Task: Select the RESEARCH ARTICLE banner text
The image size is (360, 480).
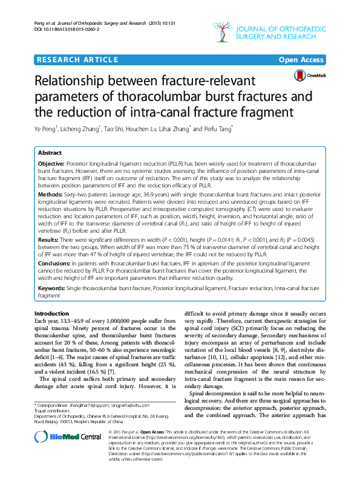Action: coord(77,59)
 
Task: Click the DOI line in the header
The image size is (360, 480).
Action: coord(67,29)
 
